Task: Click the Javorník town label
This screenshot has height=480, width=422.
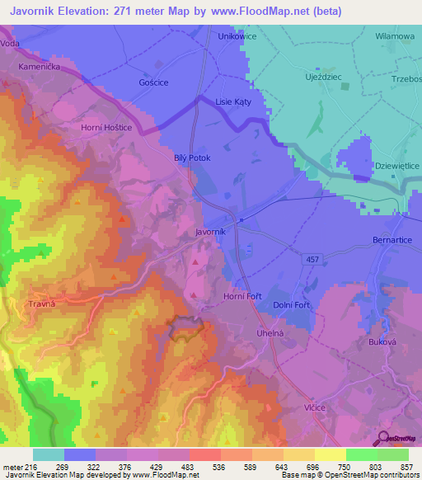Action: [210, 233]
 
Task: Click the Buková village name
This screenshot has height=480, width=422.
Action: [381, 341]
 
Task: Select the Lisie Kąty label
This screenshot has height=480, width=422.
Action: [232, 101]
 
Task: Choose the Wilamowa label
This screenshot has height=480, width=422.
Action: [395, 36]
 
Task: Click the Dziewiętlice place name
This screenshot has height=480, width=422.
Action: [396, 166]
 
